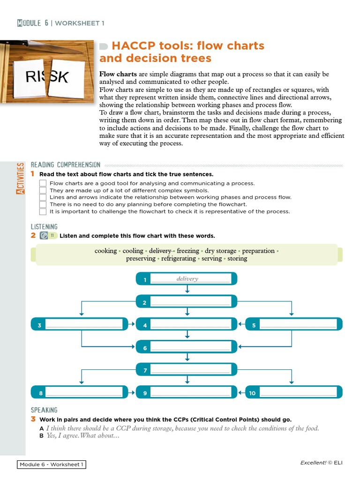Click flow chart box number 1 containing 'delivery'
[187, 279]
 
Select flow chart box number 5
[294, 324]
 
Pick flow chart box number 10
[294, 392]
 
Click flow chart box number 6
[187, 347]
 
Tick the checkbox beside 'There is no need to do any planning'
[43, 204]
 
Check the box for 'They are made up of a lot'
[43, 190]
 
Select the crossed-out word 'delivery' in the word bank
[160, 251]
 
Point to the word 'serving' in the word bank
[211, 258]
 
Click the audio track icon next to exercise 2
[44, 236]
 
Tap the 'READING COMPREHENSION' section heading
[65, 165]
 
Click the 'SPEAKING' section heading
[44, 410]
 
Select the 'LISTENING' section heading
[44, 226]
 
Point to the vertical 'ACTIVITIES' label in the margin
[20, 178]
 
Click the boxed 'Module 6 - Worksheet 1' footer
[52, 465]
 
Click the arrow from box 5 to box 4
[241, 324]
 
